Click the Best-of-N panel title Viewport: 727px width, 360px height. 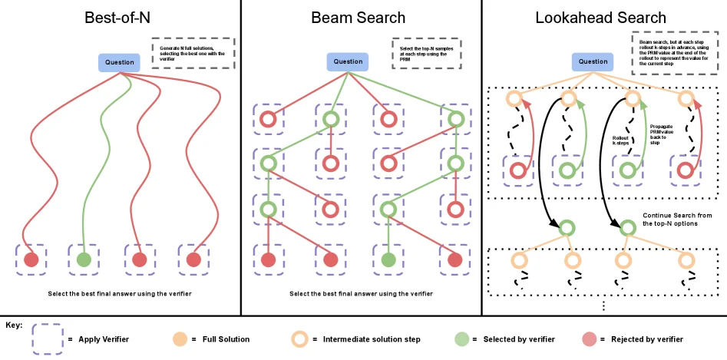tap(119, 17)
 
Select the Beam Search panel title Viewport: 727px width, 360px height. tap(359, 17)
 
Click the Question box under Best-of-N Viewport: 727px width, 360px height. tap(119, 62)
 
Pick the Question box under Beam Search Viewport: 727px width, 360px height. tap(348, 62)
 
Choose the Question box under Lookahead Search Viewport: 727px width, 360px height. tap(593, 61)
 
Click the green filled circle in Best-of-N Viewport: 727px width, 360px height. tap(84, 259)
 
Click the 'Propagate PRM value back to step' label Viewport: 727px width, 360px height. tap(661, 134)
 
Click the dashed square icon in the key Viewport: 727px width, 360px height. tap(47, 338)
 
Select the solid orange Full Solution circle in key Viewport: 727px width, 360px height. tap(180, 338)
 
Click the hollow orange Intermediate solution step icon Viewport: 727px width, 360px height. tap(302, 338)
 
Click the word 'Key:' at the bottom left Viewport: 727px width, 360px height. tap(14, 325)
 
